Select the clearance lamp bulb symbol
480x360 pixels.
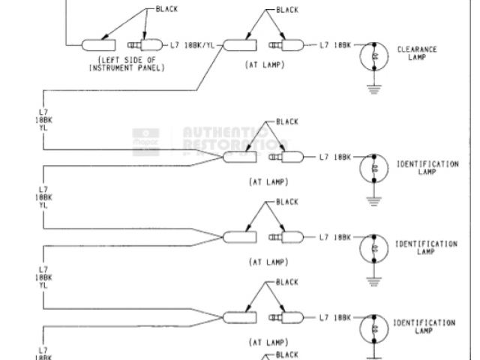(x=374, y=55)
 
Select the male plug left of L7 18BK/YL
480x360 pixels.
(x=141, y=45)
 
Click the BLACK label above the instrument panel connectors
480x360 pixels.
(x=166, y=9)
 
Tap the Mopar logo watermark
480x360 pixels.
(x=145, y=140)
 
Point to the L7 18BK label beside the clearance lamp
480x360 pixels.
(x=335, y=45)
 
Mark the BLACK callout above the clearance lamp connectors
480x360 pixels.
(x=286, y=10)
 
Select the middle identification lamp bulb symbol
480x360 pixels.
(x=374, y=248)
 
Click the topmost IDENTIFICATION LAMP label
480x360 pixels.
(x=427, y=166)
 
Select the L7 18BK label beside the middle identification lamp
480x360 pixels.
(x=335, y=237)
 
